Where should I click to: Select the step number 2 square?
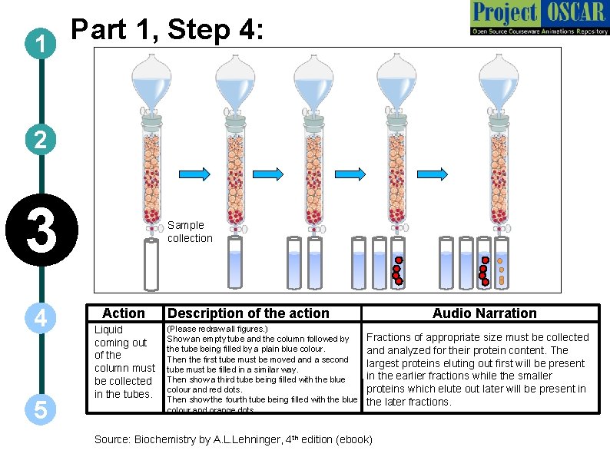(39, 139)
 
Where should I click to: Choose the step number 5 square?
(39, 410)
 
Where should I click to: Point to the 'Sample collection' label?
(190, 231)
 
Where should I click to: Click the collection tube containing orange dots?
(500, 262)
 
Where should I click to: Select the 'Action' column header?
(124, 313)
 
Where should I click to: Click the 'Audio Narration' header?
(484, 313)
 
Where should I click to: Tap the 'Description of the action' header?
(248, 313)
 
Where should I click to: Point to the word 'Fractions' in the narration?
(391, 337)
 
